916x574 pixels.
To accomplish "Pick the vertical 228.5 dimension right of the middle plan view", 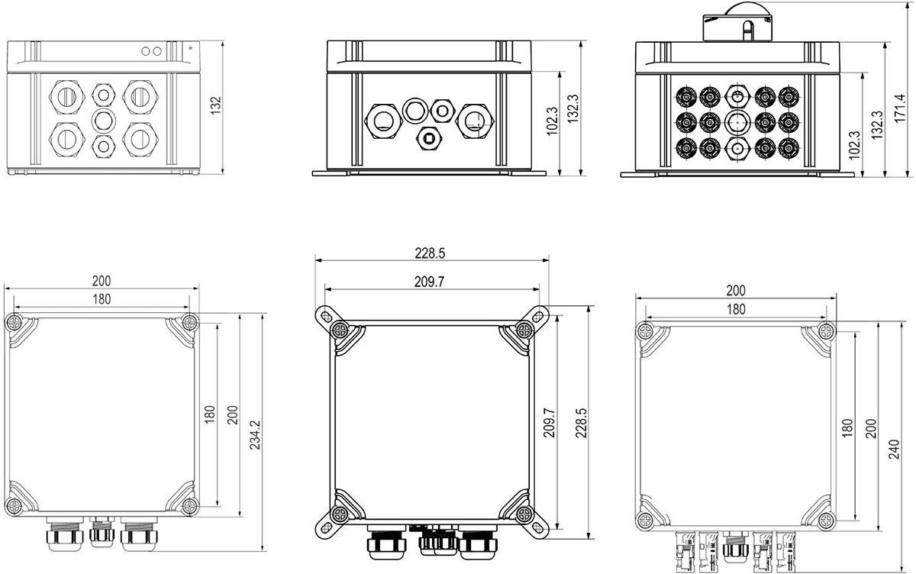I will point(582,422).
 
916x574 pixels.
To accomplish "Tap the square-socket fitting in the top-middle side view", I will point(429,139).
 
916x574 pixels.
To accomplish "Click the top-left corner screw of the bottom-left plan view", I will point(15,320).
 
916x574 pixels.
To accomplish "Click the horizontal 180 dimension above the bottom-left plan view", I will point(102,298).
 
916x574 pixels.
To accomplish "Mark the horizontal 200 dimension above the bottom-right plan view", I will point(736,290).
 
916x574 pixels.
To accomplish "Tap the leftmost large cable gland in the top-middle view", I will point(382,120).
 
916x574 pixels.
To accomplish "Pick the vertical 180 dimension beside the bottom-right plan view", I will point(846,427).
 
